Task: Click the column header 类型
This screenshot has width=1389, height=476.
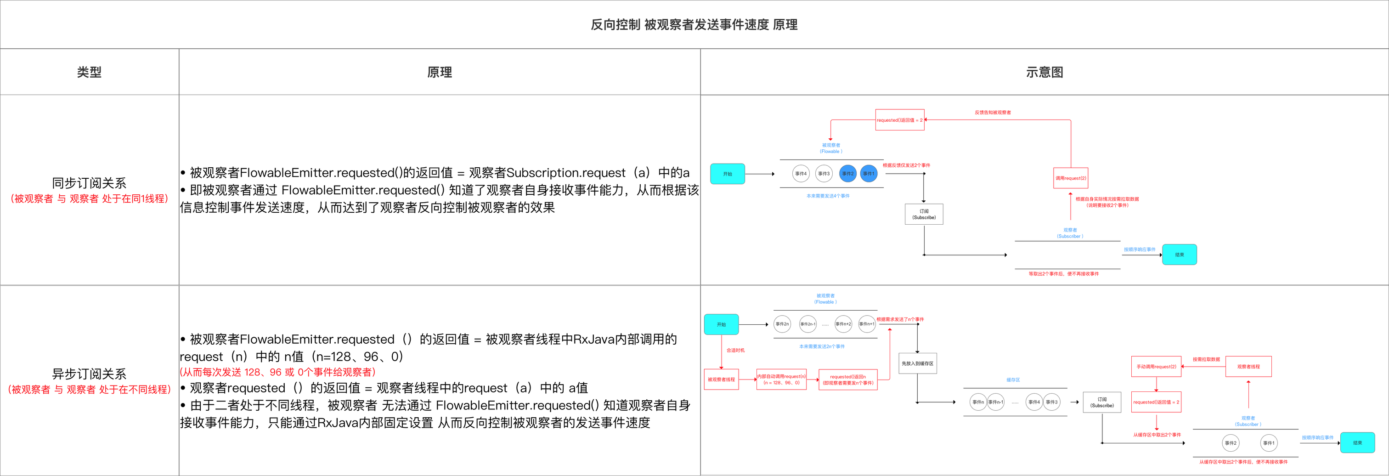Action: coord(89,72)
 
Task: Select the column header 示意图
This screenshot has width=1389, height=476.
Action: coord(1044,72)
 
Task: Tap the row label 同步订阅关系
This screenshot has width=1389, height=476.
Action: coord(89,183)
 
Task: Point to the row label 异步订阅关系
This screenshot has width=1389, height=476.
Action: coord(89,374)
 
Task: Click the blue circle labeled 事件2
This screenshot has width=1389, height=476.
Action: coord(847,174)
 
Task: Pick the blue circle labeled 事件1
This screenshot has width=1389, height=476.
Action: coord(868,174)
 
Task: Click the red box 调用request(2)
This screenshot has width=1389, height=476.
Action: coord(1070,178)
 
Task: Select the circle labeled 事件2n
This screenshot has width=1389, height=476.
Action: coord(782,324)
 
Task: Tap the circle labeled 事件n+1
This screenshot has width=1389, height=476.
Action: coord(866,324)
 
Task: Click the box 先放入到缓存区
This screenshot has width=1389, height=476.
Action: coord(917,363)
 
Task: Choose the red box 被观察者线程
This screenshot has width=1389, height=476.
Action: coord(721,380)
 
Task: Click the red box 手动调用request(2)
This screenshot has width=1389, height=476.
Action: coord(1156,367)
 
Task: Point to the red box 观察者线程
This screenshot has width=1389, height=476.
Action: coord(1248,367)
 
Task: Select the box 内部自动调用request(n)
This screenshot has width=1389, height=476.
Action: coord(781,380)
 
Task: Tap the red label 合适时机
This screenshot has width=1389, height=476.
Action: coord(735,351)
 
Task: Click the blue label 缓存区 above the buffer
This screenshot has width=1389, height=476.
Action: coord(1013,380)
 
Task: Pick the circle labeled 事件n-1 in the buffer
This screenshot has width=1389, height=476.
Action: coord(996,402)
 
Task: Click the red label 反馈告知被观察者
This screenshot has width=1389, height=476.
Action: coord(992,113)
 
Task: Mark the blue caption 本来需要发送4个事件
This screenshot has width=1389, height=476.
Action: coord(828,196)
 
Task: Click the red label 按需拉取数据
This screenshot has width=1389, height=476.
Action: coord(1206,359)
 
